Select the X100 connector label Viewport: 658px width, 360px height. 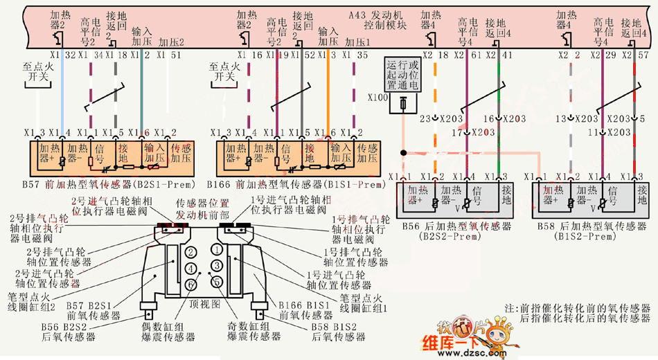pyautogui.click(x=379, y=98)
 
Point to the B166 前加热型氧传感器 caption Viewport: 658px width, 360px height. pyautogui.click(x=294, y=185)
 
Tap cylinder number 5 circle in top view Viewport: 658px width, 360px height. pyautogui.click(x=217, y=280)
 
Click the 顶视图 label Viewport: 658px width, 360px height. pyautogui.click(x=204, y=303)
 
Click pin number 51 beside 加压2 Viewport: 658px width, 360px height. pyautogui.click(x=177, y=54)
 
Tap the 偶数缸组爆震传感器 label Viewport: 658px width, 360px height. pyautogui.click(x=170, y=331)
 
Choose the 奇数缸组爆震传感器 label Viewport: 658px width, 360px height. pyautogui.click(x=254, y=331)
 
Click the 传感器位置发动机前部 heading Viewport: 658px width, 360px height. pyautogui.click(x=202, y=208)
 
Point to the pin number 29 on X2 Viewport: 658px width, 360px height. pyautogui.click(x=610, y=54)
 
